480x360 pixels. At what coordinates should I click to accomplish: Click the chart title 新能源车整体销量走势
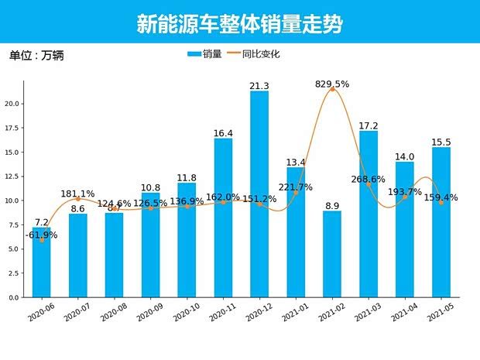pos(239,24)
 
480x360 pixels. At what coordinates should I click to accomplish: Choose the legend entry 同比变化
pos(251,54)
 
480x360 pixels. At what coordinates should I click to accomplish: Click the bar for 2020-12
pos(259,194)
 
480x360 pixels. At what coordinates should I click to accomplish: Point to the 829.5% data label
pos(332,84)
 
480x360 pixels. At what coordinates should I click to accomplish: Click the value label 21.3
pos(259,86)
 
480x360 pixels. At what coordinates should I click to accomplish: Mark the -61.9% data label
pos(42,235)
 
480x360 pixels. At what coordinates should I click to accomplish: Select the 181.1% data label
pos(78,194)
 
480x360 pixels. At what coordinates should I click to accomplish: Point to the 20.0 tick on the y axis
pos(12,104)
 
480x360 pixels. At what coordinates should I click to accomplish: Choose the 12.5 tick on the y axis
pos(12,177)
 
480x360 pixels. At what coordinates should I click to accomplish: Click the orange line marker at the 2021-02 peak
pos(333,90)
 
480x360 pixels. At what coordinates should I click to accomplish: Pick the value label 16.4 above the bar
pos(223,133)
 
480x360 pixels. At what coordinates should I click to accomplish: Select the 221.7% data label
pos(296,187)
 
